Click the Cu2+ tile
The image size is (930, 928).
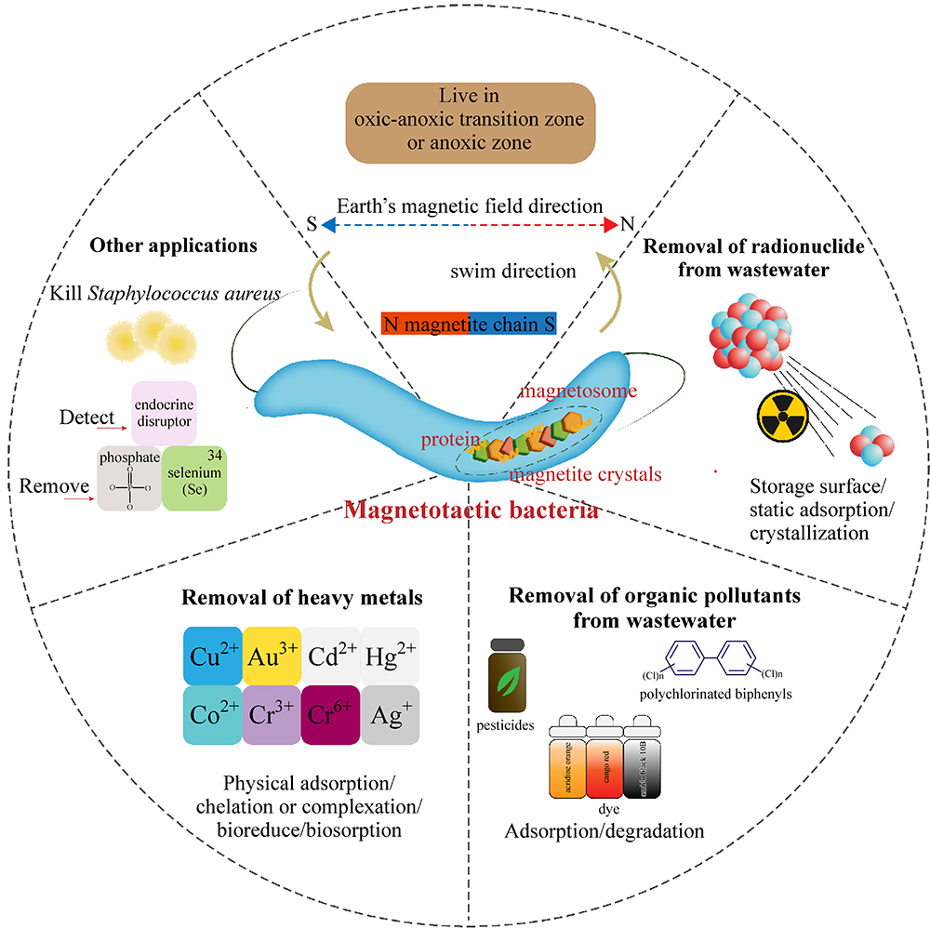pyautogui.click(x=211, y=656)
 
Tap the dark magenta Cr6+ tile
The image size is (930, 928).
pyautogui.click(x=330, y=715)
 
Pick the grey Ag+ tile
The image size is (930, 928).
pyautogui.click(x=390, y=715)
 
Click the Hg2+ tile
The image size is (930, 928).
pyautogui.click(x=390, y=656)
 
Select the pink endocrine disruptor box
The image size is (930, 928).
pyautogui.click(x=164, y=412)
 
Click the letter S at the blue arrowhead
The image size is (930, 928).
pyautogui.click(x=312, y=223)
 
